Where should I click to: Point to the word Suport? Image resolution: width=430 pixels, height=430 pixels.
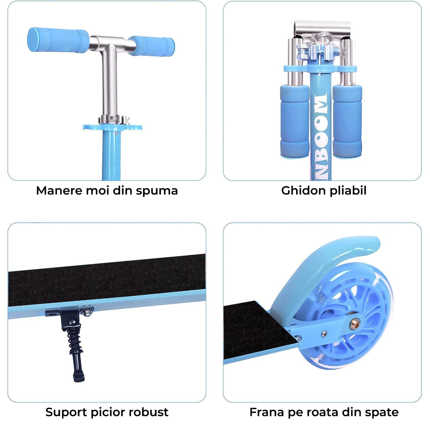[x=66, y=413]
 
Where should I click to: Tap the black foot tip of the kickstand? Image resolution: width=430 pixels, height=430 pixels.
[x=79, y=376]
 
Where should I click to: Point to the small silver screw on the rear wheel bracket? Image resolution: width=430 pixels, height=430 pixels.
[x=324, y=333]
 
